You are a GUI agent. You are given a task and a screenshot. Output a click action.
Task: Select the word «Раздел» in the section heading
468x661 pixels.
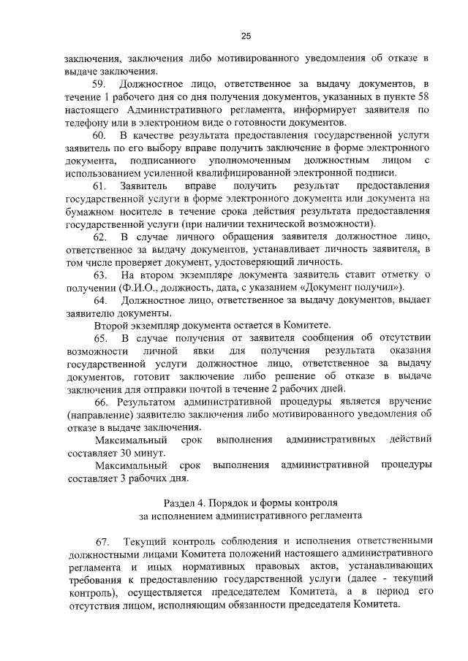pos(178,503)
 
